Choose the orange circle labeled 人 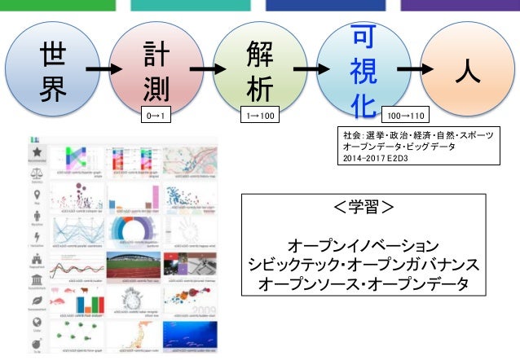pyautogui.click(x=466, y=71)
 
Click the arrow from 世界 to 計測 pyautogui.click(x=101, y=71)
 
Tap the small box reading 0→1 pyautogui.click(x=156, y=116)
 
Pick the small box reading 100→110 pyautogui.click(x=405, y=116)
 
